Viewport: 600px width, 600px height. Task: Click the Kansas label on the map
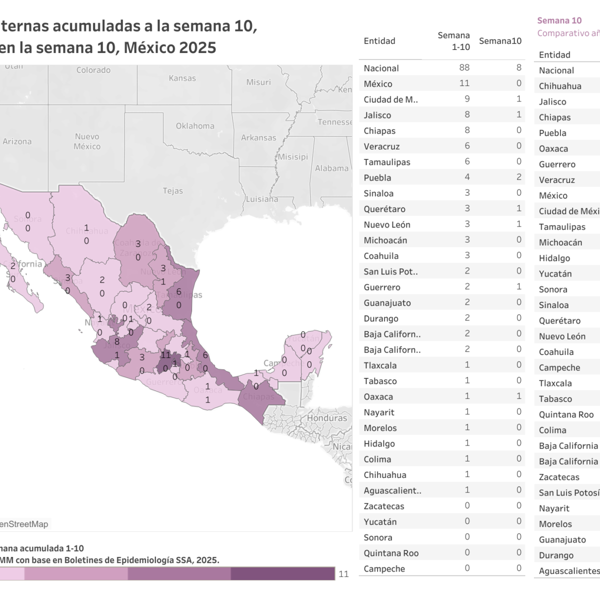point(182,78)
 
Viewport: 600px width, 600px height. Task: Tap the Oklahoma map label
point(195,126)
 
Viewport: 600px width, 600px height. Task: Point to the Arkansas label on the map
point(258,137)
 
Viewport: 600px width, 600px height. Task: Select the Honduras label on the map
point(327,418)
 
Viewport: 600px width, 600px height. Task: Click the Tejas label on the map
point(172,191)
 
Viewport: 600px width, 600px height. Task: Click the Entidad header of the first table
point(379,41)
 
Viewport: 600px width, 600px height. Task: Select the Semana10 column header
point(500,41)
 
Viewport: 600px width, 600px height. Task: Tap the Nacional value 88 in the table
point(464,67)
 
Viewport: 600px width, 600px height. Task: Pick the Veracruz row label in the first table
point(381,146)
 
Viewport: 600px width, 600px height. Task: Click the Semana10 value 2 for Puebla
point(518,177)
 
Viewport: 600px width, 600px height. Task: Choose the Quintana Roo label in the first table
point(391,553)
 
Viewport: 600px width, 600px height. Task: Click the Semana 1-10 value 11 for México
point(464,83)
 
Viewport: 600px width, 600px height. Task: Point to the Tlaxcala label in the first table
point(380,365)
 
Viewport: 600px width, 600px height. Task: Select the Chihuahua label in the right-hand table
point(560,86)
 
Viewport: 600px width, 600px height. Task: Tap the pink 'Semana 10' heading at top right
point(559,20)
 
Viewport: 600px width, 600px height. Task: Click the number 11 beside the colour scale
point(343,574)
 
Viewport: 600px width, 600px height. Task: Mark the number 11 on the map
point(165,355)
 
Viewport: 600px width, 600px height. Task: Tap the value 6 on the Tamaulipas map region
point(178,292)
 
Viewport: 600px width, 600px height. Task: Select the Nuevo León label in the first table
point(387,224)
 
